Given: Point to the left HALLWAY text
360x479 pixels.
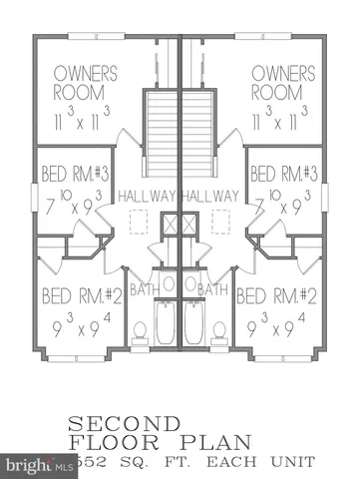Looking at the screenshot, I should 146,196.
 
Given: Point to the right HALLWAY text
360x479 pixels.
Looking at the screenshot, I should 211,196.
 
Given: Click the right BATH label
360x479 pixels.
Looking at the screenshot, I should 212,289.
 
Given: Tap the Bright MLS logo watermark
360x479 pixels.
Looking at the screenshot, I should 28,464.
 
